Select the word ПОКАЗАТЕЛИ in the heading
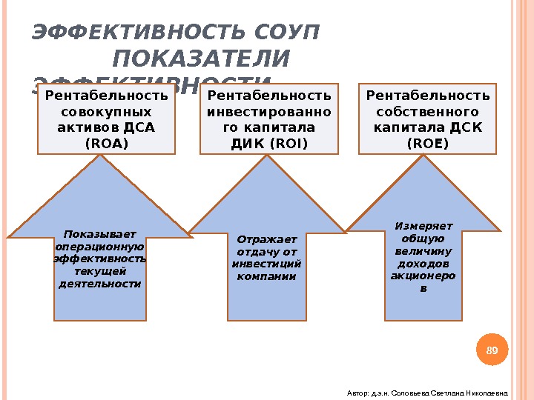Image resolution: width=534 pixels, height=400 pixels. coord(202,59)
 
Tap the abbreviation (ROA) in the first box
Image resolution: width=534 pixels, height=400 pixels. coord(107,143)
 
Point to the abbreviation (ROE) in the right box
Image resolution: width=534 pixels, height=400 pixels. coord(428,143)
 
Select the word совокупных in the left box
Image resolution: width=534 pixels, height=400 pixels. coord(107,112)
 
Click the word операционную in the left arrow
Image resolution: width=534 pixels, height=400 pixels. coord(99,246)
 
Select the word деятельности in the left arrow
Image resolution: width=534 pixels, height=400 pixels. coord(99,283)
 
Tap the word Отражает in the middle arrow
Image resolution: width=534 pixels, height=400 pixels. coord(266,239)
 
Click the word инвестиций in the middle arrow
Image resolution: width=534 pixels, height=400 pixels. coord(266,264)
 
